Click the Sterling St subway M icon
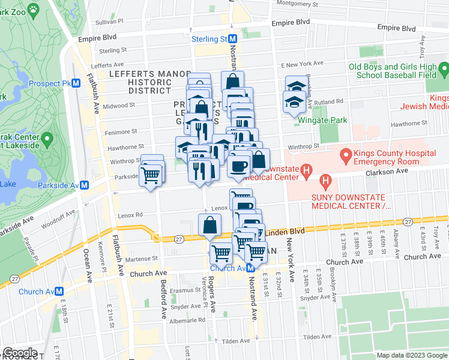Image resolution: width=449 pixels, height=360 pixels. click(x=232, y=38)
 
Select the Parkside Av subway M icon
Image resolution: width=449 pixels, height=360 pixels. click(x=85, y=186)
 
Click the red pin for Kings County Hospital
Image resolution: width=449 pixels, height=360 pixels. click(x=346, y=158)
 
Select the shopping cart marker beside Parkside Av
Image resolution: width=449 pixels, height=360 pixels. click(x=151, y=175)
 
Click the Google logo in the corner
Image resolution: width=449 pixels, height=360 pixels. click(x=19, y=353)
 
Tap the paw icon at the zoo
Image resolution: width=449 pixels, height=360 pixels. click(x=32, y=10)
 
